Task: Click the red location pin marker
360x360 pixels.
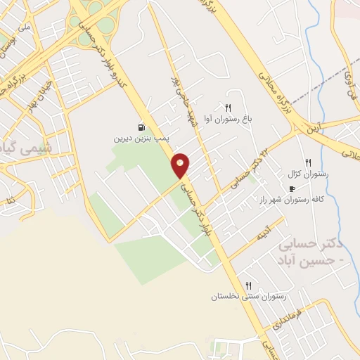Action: tap(181, 165)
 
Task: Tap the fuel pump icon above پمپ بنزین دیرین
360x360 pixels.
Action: tap(142, 128)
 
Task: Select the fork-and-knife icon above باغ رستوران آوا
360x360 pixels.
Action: tap(228, 107)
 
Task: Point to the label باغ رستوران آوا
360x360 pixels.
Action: tap(227, 118)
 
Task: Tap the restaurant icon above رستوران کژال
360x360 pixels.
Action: tap(308, 162)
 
